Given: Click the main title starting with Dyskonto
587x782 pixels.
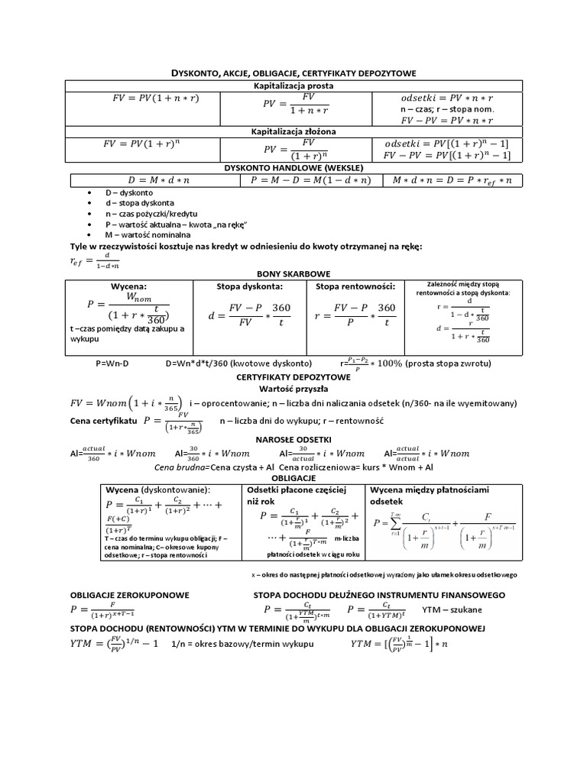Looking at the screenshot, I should tap(293, 73).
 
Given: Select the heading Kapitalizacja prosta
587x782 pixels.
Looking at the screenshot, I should tap(293, 86).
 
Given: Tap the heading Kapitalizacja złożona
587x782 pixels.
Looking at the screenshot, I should tap(293, 132).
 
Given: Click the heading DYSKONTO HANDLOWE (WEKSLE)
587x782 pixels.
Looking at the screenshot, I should tap(293, 167).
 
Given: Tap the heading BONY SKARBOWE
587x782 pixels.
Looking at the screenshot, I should tap(293, 272).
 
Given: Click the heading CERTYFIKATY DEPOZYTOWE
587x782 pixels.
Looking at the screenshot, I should tap(293, 377).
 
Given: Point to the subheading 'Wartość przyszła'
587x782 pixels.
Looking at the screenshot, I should tap(293, 389).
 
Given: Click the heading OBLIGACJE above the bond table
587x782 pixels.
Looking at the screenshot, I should tap(293, 477).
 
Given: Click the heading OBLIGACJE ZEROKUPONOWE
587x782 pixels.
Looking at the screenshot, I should tap(130, 594).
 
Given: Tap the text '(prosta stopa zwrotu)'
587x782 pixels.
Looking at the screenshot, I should tap(443, 364).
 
